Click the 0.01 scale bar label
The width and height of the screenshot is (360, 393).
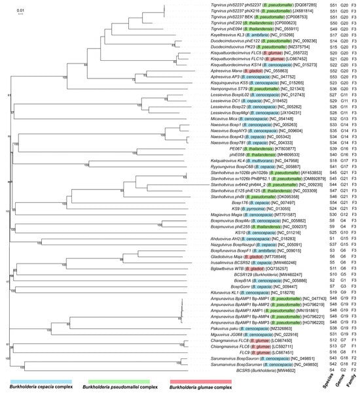point(20,10)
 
